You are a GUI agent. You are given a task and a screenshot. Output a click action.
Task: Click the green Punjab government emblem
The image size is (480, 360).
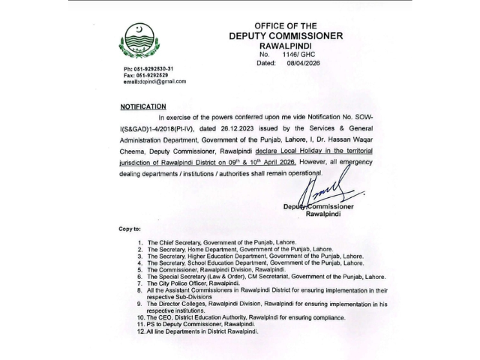[x=139, y=40]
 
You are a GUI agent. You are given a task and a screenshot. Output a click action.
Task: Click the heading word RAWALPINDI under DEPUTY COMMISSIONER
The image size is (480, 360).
[x=285, y=46]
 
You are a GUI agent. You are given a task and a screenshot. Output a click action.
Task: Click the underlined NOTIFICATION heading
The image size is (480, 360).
[x=142, y=107]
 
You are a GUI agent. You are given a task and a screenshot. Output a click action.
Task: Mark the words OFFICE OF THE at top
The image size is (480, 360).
[x=286, y=25]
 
